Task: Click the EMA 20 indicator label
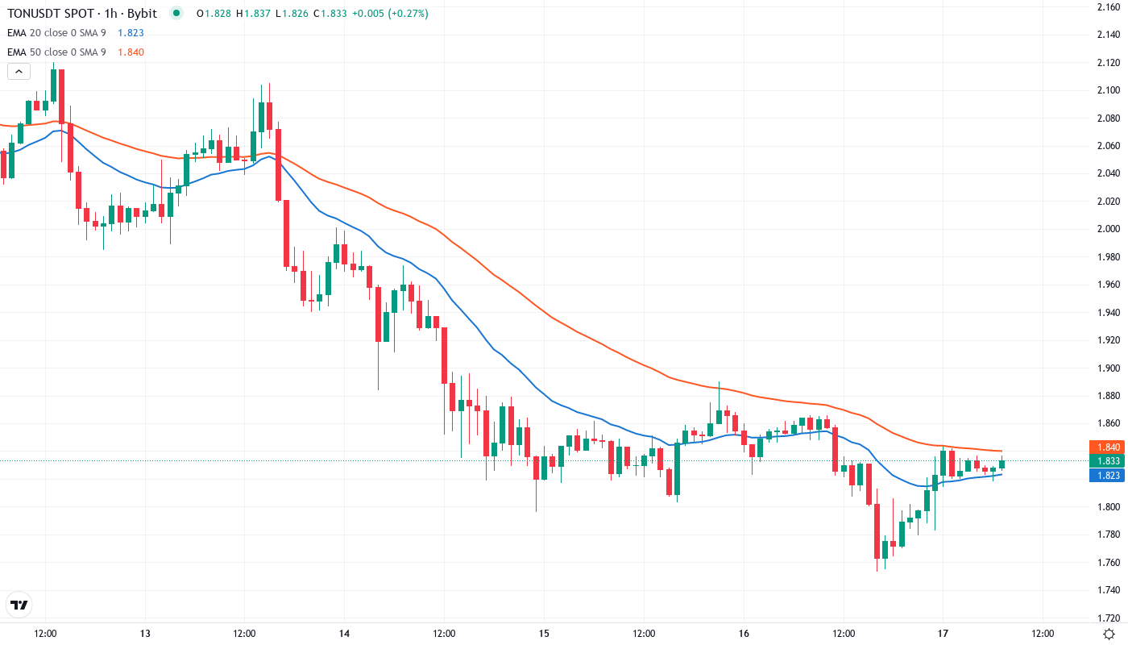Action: click(56, 33)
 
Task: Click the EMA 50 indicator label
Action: click(56, 52)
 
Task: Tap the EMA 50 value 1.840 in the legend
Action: click(131, 52)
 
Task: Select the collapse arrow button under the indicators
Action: click(19, 72)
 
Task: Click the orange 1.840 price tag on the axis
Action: click(1106, 447)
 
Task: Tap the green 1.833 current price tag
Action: click(1106, 461)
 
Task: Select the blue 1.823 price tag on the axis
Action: click(1106, 476)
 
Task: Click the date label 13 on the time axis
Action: click(145, 634)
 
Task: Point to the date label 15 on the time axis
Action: click(544, 634)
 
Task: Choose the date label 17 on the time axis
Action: click(943, 634)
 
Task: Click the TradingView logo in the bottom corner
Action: click(19, 604)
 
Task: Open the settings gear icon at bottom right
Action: click(1109, 634)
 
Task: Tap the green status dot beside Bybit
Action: click(177, 14)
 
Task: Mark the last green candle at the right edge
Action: click(1002, 464)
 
